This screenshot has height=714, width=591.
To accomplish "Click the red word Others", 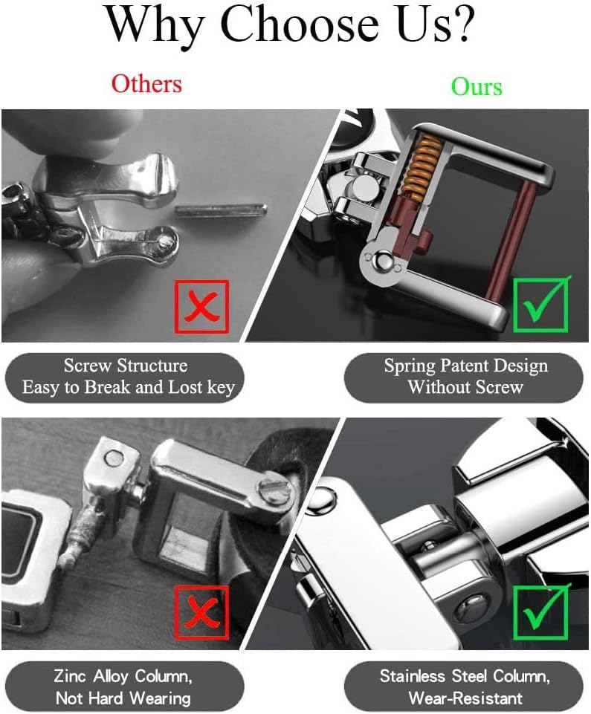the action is click(146, 84).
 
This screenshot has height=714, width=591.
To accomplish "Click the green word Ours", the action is click(477, 86).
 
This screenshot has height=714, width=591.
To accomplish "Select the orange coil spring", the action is click(420, 166).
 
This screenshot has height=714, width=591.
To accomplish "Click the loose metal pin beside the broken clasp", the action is click(221, 210).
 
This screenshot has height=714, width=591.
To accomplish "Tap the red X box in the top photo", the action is click(202, 306).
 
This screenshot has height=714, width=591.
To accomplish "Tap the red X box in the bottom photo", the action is click(202, 613).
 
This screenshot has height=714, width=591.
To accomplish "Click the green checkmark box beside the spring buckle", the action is click(541, 304).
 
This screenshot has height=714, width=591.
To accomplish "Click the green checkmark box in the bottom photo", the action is click(541, 611).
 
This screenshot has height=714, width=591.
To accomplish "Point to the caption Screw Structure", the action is click(126, 366).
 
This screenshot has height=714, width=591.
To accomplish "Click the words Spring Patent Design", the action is click(465, 366).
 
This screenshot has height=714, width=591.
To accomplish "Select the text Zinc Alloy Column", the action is click(123, 676).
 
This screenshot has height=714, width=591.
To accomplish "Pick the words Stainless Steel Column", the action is click(465, 676).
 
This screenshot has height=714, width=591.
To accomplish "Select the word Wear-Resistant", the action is click(465, 698).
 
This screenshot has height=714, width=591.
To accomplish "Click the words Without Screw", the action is click(465, 388).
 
